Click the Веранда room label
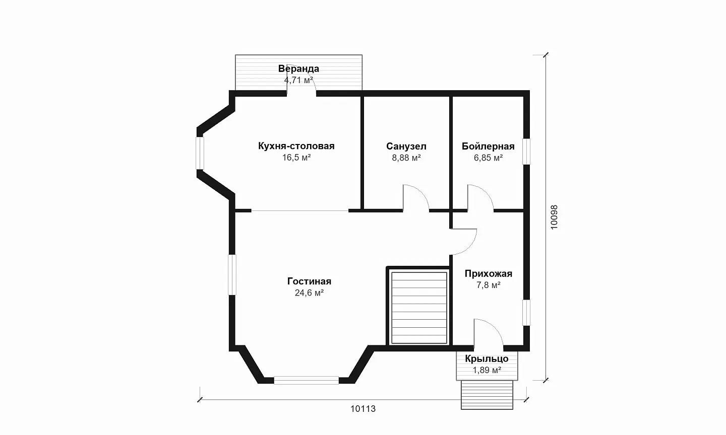coord(298,68)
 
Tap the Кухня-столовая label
coord(296,146)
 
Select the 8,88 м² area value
coord(406,158)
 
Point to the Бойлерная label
coord(488,147)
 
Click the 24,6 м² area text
coord(309,293)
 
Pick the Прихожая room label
coord(489,274)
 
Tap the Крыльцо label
coord(487,358)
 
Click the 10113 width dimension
coord(362,409)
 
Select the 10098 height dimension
coord(554,217)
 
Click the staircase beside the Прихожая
coord(419,308)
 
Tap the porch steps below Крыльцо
coord(487,395)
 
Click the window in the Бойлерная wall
coord(527,152)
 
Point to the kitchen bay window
coord(200,153)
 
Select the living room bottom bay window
coord(307,380)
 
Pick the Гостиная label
coord(309,281)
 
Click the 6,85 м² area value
coord(488,158)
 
